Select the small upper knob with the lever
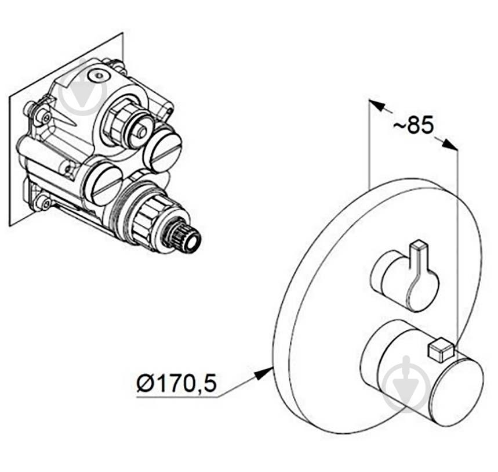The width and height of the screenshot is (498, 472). click(x=405, y=278)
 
